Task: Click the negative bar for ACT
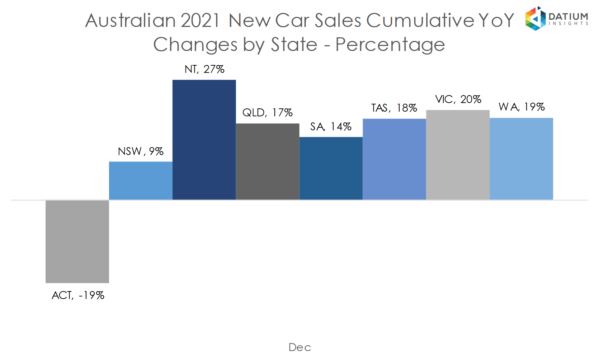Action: click(x=77, y=241)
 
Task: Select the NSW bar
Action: click(x=141, y=181)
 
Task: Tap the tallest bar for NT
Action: click(x=204, y=140)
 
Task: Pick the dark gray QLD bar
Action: click(x=268, y=162)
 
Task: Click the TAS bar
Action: click(x=394, y=159)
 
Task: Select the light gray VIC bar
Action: click(x=458, y=155)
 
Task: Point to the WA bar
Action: click(x=521, y=159)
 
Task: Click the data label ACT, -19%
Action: click(x=78, y=295)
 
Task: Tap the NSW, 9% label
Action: click(x=141, y=151)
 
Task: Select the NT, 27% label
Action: click(x=204, y=69)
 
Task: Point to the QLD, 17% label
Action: click(x=268, y=113)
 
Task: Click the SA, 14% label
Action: click(x=331, y=127)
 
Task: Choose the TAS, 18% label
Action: click(x=394, y=108)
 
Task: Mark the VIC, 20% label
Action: click(x=458, y=99)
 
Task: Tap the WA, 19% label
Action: click(x=522, y=107)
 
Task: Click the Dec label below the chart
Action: click(x=299, y=347)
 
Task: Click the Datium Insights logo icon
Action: click(x=535, y=19)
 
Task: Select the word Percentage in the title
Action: click(x=390, y=45)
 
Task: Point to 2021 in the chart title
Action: click(x=200, y=20)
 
